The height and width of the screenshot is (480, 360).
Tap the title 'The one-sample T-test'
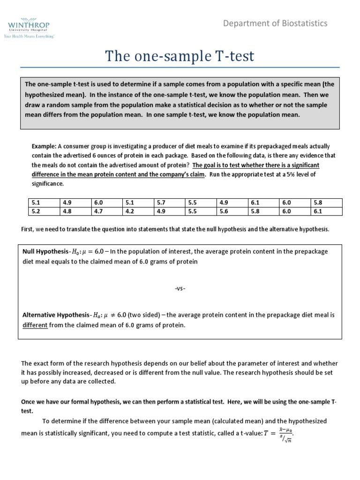tap(180, 56)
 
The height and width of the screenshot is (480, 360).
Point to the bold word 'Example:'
tap(44, 146)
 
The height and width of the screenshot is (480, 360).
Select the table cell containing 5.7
tap(161, 203)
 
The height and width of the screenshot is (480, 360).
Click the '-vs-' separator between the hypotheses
tap(180, 288)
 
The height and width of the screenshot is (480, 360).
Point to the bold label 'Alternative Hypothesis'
tap(55, 315)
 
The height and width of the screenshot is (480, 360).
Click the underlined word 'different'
tap(35, 325)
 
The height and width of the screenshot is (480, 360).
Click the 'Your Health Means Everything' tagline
tap(28, 35)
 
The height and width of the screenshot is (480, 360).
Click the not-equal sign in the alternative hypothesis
tap(114, 315)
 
